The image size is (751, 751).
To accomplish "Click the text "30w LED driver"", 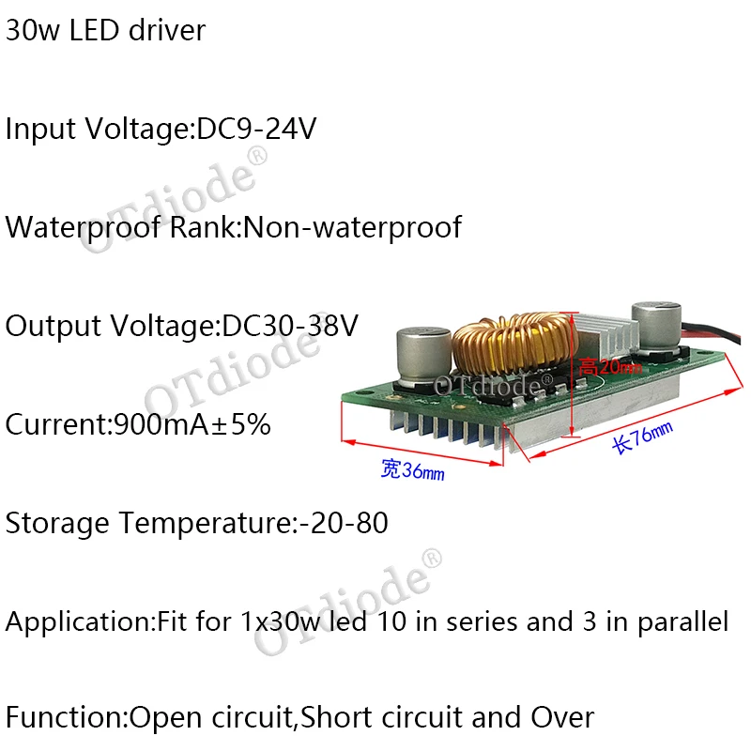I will [105, 30].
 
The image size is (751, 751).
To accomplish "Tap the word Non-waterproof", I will [352, 227].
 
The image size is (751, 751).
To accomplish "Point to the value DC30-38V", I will [290, 326].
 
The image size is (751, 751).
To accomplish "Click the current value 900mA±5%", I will [192, 424].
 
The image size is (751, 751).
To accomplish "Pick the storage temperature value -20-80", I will [343, 523].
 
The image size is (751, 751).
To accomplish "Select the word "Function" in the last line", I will [63, 719].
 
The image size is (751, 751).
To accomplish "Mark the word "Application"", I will [72, 621].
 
